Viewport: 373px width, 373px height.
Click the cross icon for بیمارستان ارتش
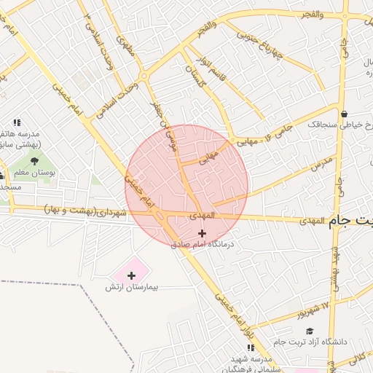coord(131,275)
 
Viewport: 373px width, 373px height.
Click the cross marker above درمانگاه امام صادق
coord(202,234)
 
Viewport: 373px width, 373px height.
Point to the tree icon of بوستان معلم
coord(34,161)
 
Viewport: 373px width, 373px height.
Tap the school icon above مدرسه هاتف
coord(17,123)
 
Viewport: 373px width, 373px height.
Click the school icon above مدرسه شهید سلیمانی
coord(251,348)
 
